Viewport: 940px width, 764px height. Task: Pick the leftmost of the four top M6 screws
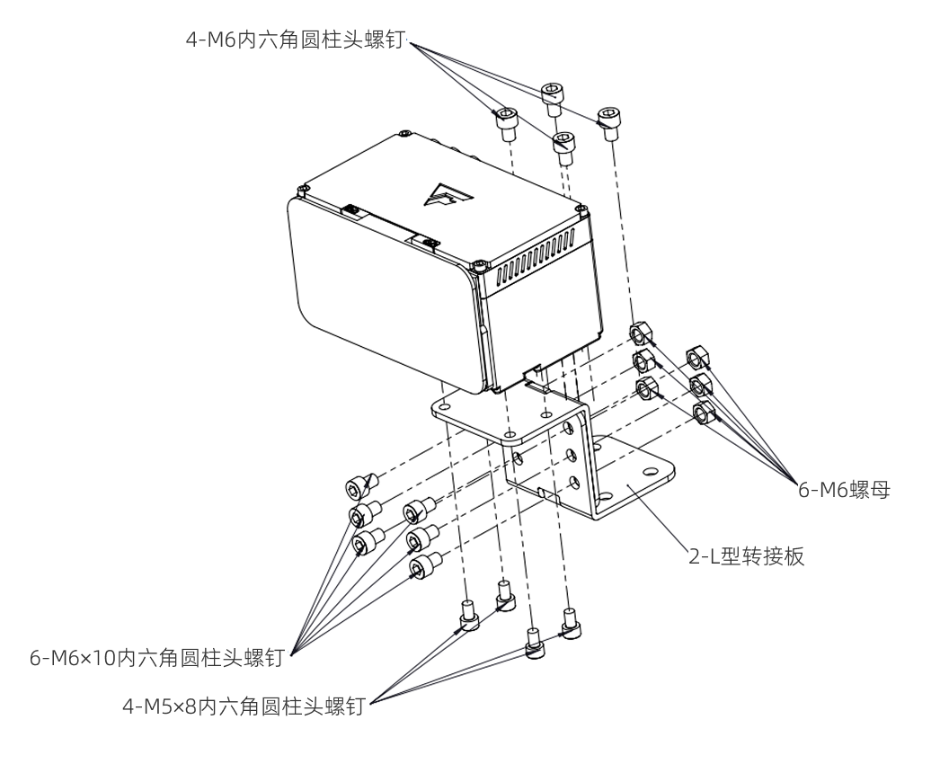click(x=507, y=121)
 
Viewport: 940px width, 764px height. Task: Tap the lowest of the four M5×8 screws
click(x=534, y=645)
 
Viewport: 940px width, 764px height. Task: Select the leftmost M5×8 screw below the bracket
click(x=468, y=615)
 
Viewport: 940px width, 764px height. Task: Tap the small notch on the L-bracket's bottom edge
click(x=543, y=492)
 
